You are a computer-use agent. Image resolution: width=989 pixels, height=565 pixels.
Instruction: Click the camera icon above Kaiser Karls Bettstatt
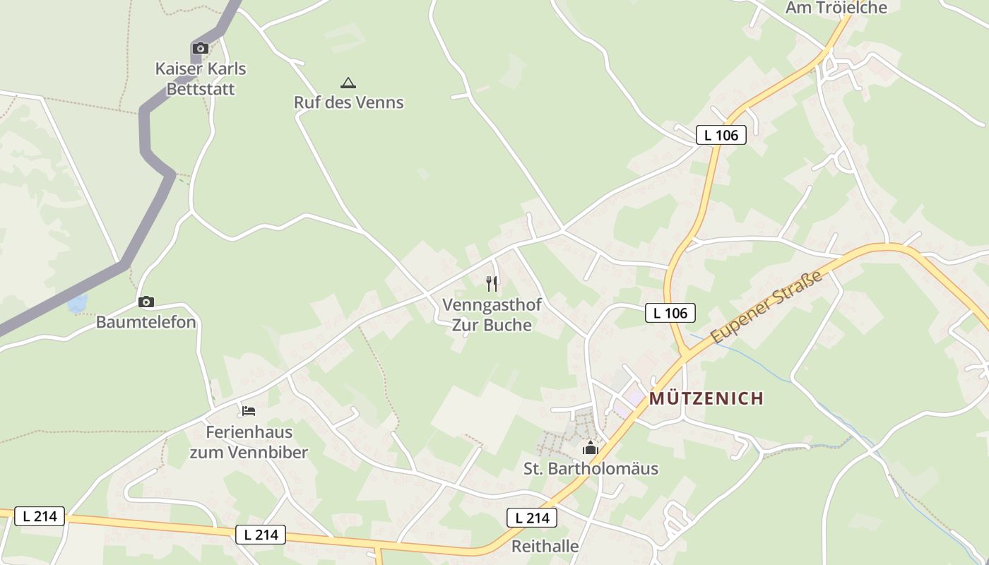[x=201, y=49]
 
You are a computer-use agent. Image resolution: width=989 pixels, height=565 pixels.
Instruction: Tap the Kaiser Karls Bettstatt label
[x=201, y=79]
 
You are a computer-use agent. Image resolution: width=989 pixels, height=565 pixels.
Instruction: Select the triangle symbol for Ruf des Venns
[x=348, y=83]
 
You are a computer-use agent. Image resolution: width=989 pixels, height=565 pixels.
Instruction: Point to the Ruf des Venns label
[x=348, y=102]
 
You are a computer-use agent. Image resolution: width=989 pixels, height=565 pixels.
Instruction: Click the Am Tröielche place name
[x=836, y=8]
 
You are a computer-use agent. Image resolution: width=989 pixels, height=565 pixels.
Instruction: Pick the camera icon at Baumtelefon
[x=146, y=302]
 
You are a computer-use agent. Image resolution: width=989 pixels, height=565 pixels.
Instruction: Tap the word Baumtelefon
[x=146, y=322]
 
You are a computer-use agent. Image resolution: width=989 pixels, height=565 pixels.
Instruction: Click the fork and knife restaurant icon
[x=492, y=284]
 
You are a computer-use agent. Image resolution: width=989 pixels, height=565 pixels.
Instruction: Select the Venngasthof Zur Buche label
[x=492, y=315]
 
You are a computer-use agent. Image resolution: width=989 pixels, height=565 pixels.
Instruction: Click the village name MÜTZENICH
[x=706, y=398]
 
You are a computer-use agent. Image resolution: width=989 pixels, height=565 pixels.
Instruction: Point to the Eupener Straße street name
[x=767, y=307]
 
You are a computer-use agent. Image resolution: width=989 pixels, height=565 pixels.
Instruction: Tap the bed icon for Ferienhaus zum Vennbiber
[x=248, y=410]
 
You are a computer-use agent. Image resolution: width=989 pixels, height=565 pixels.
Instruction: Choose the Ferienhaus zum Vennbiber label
[x=249, y=442]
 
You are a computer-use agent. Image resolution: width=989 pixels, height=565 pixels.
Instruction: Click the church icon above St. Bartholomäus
[x=590, y=448]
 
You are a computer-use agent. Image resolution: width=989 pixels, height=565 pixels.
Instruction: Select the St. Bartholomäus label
[x=591, y=468]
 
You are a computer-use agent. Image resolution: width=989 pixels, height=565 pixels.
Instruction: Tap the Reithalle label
[x=545, y=546]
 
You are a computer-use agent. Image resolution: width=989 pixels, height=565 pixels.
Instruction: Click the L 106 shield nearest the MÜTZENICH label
[x=670, y=313]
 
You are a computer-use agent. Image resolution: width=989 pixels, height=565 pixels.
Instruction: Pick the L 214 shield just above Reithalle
[x=532, y=518]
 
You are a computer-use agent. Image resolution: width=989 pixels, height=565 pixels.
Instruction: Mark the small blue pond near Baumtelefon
[x=77, y=304]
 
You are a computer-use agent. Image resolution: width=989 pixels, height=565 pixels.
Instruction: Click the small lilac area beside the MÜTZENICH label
[x=634, y=399]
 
